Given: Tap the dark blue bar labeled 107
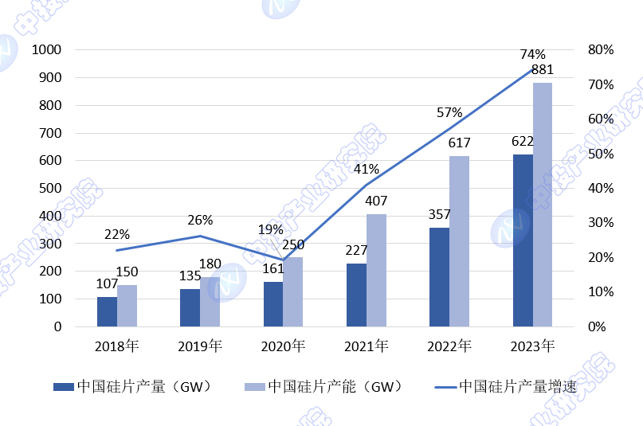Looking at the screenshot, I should coord(107,311).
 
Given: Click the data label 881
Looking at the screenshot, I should coord(542,69).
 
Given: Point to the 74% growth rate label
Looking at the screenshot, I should coord(532,54).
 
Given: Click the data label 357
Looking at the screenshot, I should coord(440,214).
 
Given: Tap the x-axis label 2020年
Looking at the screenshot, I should coord(283,346).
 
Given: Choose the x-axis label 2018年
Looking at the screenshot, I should coord(117,346).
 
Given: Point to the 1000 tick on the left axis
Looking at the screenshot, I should coord(46,50).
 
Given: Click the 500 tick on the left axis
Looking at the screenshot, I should coord(49,189).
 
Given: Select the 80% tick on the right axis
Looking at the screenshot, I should coord(600,50).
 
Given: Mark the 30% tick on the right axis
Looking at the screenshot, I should coord(600,223).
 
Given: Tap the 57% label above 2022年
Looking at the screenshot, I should coord(449,112).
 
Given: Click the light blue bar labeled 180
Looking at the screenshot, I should coord(210,302).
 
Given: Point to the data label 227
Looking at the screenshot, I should coord(357,250).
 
